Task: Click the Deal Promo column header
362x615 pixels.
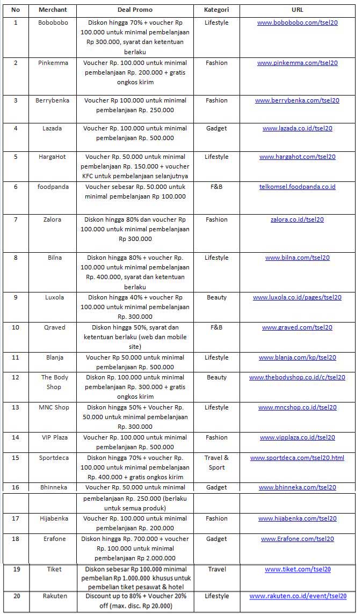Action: point(135,10)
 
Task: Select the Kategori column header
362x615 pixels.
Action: point(216,10)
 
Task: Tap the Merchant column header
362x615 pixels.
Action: point(53,10)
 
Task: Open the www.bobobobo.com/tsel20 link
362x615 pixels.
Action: point(297,23)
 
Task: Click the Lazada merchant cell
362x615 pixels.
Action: point(53,128)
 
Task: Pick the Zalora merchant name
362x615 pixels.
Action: point(53,219)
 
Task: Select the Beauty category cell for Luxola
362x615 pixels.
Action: point(216,297)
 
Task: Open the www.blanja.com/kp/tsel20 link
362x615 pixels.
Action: point(297,357)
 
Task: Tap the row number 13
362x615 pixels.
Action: point(16,407)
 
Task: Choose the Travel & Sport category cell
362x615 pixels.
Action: point(216,463)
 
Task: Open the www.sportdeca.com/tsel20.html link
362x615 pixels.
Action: point(297,458)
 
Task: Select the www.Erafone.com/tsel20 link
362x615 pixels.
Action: point(297,539)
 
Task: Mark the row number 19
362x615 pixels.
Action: point(16,569)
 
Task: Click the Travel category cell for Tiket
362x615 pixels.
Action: point(216,569)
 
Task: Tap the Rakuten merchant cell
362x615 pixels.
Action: point(53,596)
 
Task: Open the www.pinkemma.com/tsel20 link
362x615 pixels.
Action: point(297,63)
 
